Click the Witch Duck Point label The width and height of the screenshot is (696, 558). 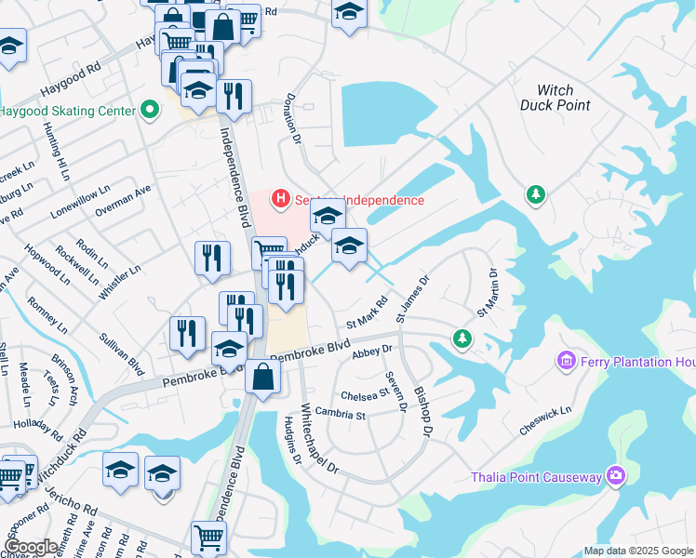coord(563,98)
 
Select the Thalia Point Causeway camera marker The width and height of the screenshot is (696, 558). coord(614,477)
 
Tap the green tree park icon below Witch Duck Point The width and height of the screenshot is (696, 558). coord(535,194)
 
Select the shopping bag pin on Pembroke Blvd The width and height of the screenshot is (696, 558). coord(263,377)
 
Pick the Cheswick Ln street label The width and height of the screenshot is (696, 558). coord(545,419)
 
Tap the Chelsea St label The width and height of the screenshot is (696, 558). coord(364,394)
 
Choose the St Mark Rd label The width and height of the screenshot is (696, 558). coord(367,313)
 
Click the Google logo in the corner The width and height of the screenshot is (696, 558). coord(32,547)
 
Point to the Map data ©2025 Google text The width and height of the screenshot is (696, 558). coord(638,551)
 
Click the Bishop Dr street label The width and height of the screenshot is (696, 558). coord(422,412)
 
